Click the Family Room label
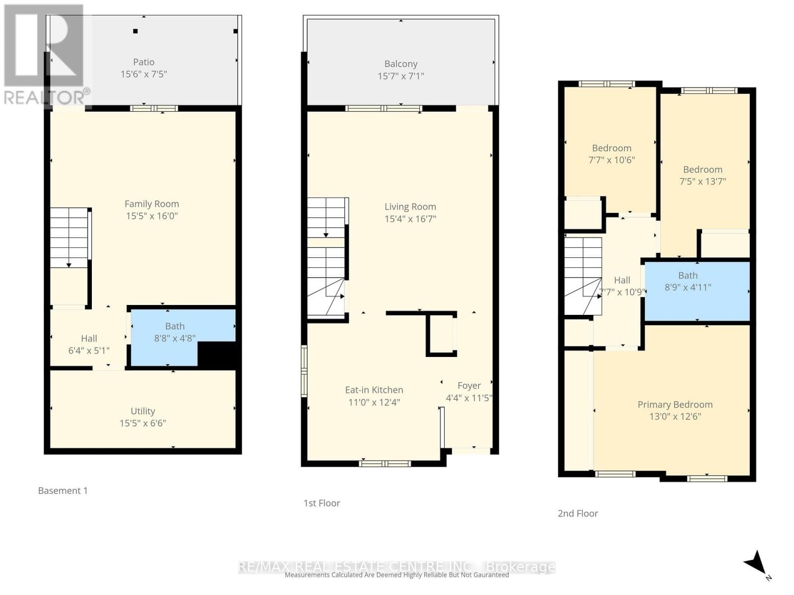[x=151, y=204]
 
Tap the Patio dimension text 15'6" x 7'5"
[x=143, y=74]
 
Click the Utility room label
[x=143, y=411]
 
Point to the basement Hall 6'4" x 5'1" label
[x=89, y=345]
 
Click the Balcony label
[x=400, y=64]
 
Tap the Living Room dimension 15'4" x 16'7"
[x=410, y=219]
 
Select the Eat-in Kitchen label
[x=374, y=390]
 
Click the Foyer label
[x=469, y=386]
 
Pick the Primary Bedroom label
[x=675, y=405]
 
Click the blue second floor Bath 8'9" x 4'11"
[x=688, y=281]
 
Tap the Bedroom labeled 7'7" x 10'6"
[x=611, y=154]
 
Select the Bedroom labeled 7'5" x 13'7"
[x=702, y=176]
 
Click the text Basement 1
[x=63, y=491]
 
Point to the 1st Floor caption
[x=322, y=503]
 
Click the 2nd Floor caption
[x=578, y=514]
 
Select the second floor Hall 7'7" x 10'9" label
[x=622, y=286]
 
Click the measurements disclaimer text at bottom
[x=397, y=575]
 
